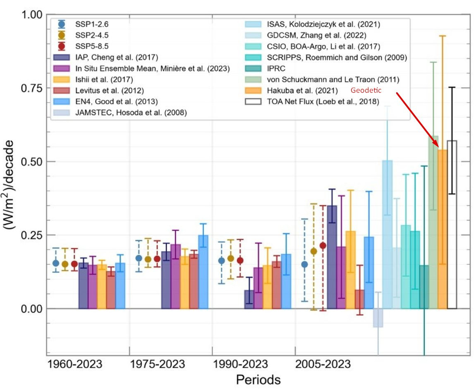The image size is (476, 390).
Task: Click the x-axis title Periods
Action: (x=258, y=380)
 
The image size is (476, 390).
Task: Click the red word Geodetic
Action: (x=366, y=90)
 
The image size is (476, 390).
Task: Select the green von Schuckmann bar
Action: (x=433, y=222)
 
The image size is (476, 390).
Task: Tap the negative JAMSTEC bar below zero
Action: (x=378, y=318)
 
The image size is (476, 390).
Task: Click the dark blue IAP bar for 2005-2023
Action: (x=332, y=257)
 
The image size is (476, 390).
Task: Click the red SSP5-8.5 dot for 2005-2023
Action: (x=323, y=246)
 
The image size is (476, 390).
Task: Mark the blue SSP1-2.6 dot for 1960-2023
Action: (x=56, y=263)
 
